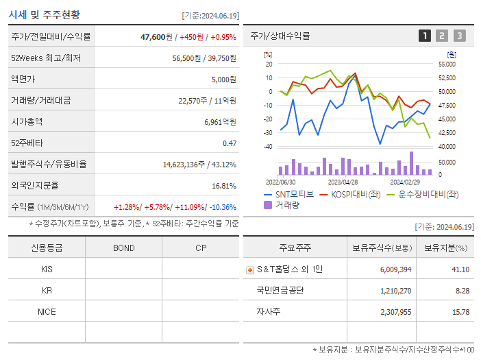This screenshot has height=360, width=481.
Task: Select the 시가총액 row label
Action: (x=27, y=121)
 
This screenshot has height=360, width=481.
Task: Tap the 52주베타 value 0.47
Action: (x=229, y=143)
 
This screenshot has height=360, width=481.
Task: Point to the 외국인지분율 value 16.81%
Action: (x=223, y=185)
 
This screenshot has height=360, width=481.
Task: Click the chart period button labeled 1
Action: (x=425, y=36)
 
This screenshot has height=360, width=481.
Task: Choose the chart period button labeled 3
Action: (x=459, y=36)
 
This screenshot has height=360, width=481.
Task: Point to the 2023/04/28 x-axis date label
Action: (x=343, y=182)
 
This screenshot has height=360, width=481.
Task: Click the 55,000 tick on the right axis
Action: (x=446, y=64)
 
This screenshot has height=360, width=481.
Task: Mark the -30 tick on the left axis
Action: (x=268, y=132)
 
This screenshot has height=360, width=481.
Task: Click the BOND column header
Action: (x=123, y=248)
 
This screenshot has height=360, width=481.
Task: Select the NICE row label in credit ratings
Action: (x=47, y=311)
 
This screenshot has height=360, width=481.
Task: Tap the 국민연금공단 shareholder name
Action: (x=280, y=290)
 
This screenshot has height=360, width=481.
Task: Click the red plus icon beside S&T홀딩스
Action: (x=249, y=269)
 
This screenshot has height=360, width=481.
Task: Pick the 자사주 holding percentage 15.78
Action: (x=460, y=311)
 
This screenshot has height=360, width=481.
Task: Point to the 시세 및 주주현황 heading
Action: (x=44, y=14)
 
